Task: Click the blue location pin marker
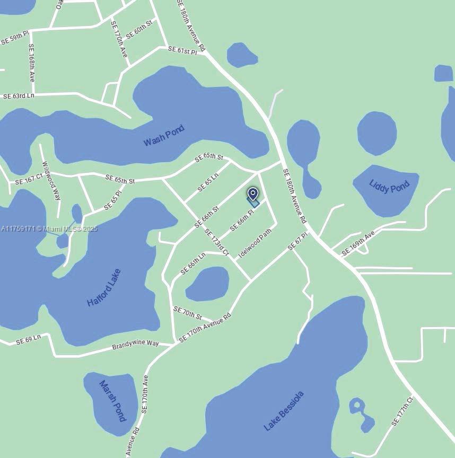[x=253, y=195]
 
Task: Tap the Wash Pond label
[x=164, y=135]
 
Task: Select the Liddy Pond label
[x=389, y=187]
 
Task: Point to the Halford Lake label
[x=104, y=288]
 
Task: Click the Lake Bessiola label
[x=284, y=411]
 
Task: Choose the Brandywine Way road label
[x=135, y=345]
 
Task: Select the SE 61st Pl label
[x=182, y=50]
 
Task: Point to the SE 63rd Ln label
[x=19, y=96]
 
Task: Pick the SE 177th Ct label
[x=402, y=411]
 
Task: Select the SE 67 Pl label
[x=297, y=241]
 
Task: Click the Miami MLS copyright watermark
[x=49, y=229]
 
